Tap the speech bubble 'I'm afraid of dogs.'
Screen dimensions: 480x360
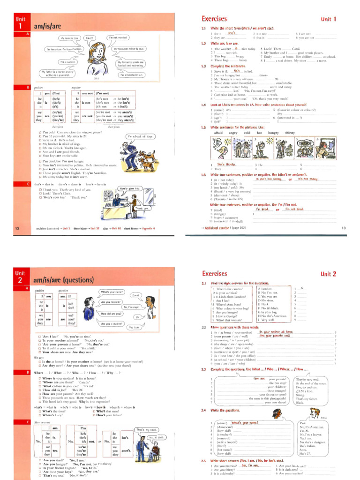tap(141, 136)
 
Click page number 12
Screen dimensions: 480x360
tap(17, 228)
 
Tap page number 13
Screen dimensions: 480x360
tap(343, 228)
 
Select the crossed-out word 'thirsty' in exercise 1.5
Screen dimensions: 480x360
tap(290, 133)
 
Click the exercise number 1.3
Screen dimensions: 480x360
tap(203, 66)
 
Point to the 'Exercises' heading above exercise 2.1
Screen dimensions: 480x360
tap(215, 273)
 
